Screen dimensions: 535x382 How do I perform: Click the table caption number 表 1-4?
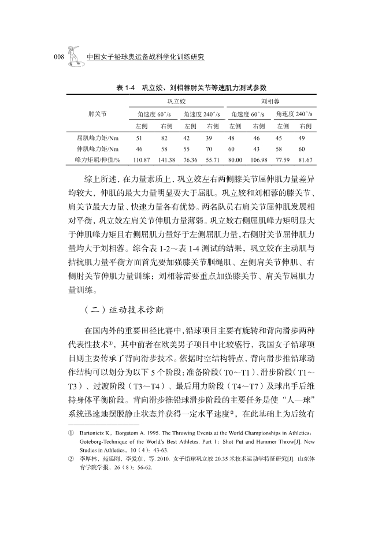[125, 88]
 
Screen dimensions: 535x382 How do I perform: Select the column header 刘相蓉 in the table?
[271, 101]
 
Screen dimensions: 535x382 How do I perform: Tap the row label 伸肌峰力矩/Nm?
[97, 148]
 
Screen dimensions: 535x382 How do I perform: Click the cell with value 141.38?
[166, 159]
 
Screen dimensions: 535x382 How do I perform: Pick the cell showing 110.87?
[142, 159]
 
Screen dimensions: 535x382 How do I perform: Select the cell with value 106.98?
[259, 159]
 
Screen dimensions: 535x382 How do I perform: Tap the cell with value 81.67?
[305, 159]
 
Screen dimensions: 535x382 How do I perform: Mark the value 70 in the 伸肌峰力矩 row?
[209, 148]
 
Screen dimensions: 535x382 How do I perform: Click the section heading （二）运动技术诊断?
[119, 309]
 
